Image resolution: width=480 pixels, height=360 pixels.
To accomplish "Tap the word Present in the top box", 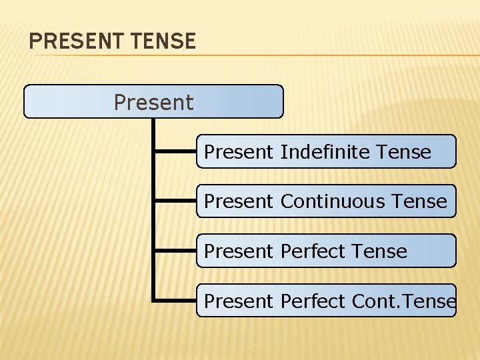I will point(153,103).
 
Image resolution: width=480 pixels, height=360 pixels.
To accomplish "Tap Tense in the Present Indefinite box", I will point(403,152).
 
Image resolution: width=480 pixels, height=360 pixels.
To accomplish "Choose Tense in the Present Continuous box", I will point(419,201).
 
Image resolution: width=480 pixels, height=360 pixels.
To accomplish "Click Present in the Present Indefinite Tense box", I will point(238,152).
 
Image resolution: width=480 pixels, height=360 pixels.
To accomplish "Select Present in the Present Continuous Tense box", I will point(238,201).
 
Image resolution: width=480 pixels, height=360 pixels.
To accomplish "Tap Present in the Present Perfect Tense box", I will point(238,251).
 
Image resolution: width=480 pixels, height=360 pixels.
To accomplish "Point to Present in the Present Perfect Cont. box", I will point(238,301).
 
